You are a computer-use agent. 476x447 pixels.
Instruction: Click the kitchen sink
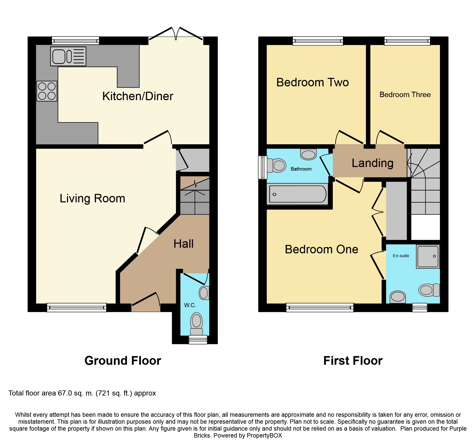coord(68,56)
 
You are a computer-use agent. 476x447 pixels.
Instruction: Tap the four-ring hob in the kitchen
coord(47,91)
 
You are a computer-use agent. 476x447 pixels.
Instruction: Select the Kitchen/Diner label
coord(138,96)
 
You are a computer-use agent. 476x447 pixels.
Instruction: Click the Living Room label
coord(92,199)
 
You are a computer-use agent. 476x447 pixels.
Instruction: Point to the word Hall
coord(183,244)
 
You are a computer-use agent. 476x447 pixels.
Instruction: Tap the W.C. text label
coord(190,305)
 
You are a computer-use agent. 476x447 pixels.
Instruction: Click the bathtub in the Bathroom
coord(298,194)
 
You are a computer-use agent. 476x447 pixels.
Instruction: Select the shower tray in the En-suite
coord(428,257)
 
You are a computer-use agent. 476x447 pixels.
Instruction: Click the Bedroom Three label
coord(405,95)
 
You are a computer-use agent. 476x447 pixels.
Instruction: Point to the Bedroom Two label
coord(312,82)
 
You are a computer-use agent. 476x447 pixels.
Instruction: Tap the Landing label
coord(372,163)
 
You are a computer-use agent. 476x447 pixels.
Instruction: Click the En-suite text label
coord(401,256)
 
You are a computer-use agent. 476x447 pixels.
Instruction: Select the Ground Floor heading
coord(123,361)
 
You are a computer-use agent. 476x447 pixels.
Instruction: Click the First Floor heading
coord(353,361)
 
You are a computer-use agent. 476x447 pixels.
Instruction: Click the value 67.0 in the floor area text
coord(65,393)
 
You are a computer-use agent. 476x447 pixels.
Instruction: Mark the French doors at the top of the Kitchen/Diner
coord(176,36)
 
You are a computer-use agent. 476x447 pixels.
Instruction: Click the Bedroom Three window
coord(407,41)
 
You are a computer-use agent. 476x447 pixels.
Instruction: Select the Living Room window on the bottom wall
coord(77,307)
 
